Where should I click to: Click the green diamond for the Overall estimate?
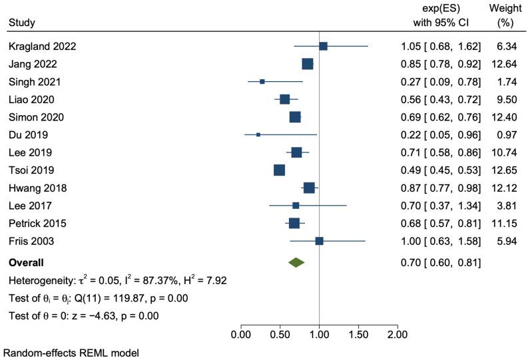pos(296,263)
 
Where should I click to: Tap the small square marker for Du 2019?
pos(258,134)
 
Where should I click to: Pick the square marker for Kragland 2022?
pos(323,46)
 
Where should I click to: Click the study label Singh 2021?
pos(35,82)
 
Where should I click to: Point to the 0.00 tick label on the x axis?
pos(240,333)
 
